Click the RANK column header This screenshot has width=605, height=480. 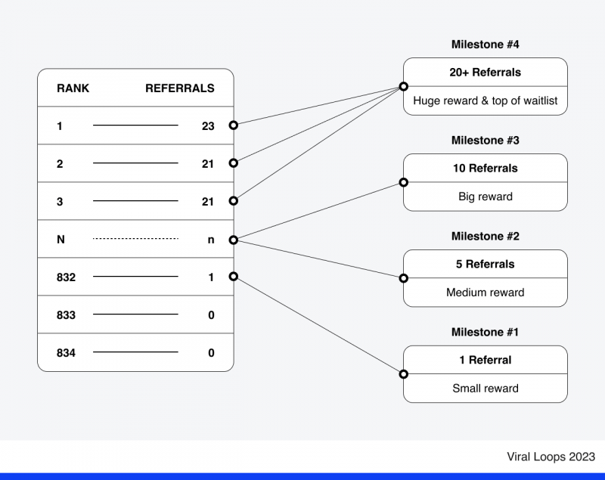[73, 88]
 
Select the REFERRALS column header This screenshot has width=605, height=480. [179, 88]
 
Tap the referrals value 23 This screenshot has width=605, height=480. [208, 126]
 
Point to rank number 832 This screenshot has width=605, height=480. [66, 277]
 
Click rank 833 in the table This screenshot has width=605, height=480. [66, 315]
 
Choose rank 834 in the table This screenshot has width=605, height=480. [66, 353]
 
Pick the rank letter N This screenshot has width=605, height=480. [60, 240]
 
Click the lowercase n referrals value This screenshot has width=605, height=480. [211, 240]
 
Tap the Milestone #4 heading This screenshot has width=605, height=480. [485, 45]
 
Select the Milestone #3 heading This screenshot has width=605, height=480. [485, 141]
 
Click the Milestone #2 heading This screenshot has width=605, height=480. [485, 237]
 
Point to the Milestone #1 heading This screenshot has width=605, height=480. [485, 333]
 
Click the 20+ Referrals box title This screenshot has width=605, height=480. [485, 73]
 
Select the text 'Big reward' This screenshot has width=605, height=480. [485, 197]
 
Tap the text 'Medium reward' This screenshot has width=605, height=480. [485, 293]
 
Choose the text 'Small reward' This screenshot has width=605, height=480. [485, 389]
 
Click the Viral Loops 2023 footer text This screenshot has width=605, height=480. [551, 457]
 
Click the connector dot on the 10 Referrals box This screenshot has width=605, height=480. [403, 182]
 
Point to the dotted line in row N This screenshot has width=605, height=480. [135, 239]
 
